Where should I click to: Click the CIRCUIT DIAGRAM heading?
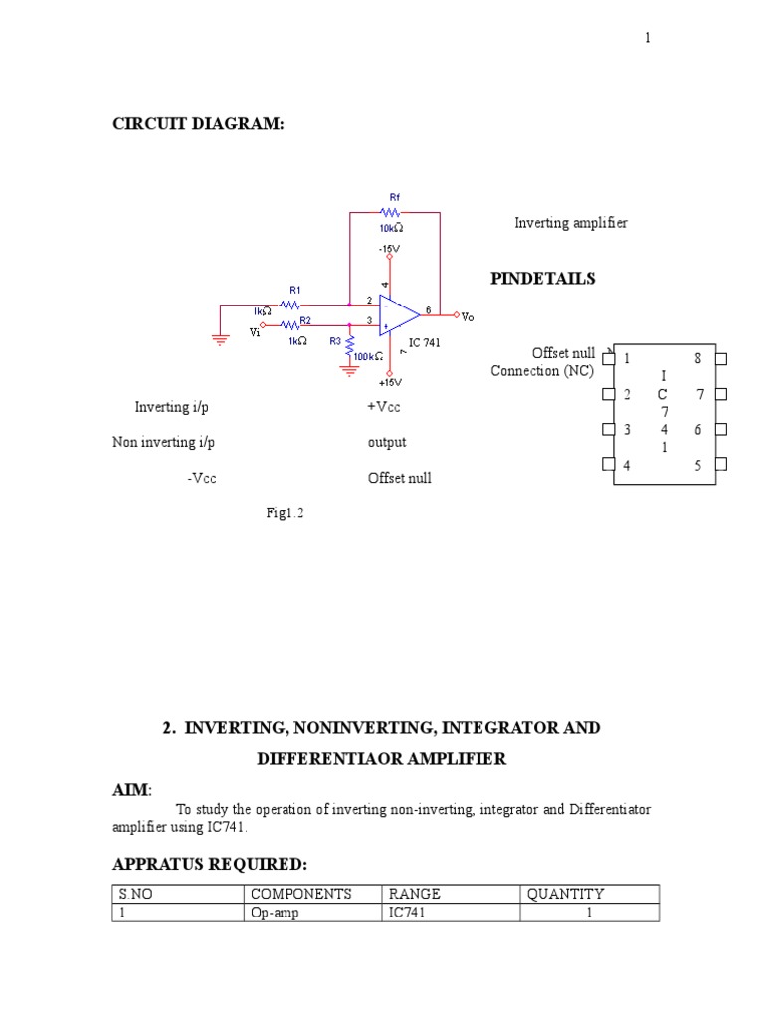[198, 124]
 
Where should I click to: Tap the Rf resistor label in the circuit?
[395, 197]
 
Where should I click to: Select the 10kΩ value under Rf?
[391, 228]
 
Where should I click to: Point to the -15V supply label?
[389, 248]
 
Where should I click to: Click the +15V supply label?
[390, 383]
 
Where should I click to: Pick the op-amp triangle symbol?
[399, 315]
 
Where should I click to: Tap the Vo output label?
[468, 317]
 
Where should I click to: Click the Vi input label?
[255, 332]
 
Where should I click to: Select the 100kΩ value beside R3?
[368, 357]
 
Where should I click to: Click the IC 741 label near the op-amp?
[424, 342]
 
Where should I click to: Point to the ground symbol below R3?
[349, 371]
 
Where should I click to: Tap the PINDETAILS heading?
[543, 279]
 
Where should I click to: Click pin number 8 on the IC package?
[697, 358]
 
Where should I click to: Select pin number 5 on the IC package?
[697, 465]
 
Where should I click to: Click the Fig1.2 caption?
[285, 512]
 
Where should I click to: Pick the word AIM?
[130, 789]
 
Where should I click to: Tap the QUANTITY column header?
[565, 894]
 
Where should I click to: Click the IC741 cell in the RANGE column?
[407, 913]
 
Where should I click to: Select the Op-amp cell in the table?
[275, 914]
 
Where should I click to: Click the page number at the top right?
[647, 38]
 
